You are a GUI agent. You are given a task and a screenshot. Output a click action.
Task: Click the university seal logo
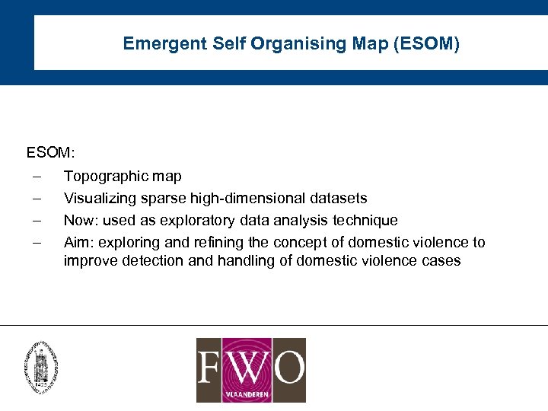pyautogui.click(x=41, y=366)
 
